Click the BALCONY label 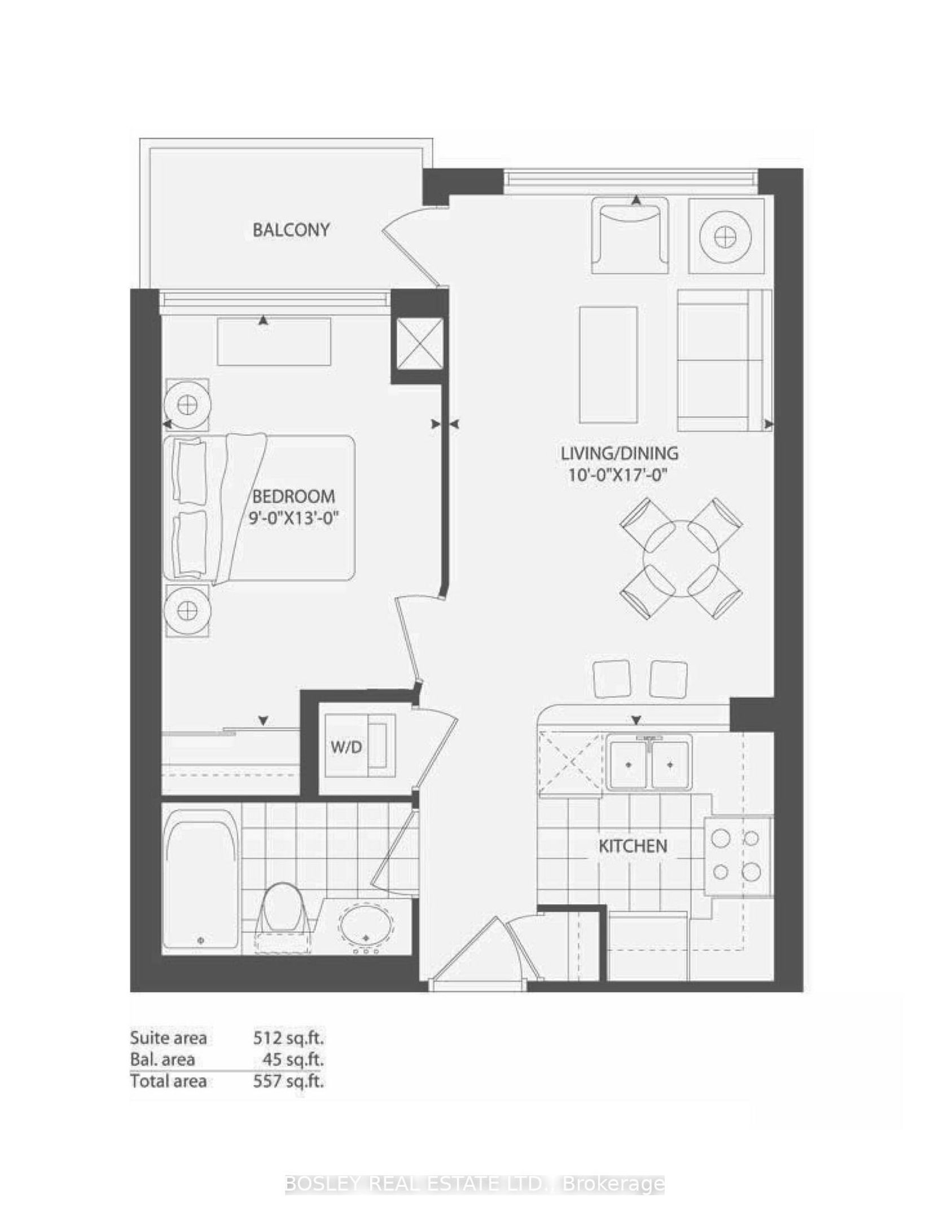(291, 230)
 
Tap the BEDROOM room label (293, 497)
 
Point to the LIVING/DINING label (619, 453)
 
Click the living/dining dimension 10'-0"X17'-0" (618, 475)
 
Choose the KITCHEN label (633, 846)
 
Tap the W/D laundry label (346, 747)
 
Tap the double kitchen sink (649, 763)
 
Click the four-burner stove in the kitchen (736, 856)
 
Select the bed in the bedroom (259, 507)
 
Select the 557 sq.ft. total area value (288, 1081)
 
